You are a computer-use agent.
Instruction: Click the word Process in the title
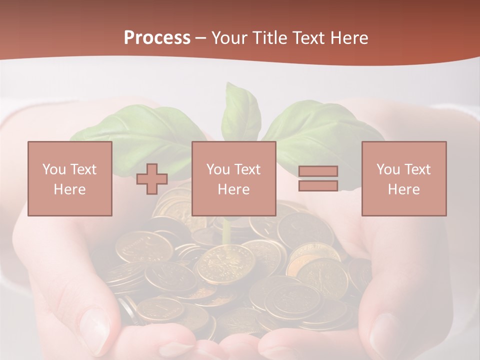157,38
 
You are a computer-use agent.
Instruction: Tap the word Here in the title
349,38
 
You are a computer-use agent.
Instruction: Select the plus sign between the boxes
152,179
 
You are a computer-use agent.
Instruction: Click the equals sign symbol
318,178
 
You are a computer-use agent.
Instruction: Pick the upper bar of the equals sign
318,171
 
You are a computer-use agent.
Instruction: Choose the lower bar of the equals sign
318,185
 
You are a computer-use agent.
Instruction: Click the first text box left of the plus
70,178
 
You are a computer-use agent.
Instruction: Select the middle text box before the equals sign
233,178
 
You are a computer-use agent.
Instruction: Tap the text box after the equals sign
404,178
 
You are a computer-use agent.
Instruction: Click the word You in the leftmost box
52,169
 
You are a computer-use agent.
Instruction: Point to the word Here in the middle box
233,189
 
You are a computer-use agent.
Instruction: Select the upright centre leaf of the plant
241,112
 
